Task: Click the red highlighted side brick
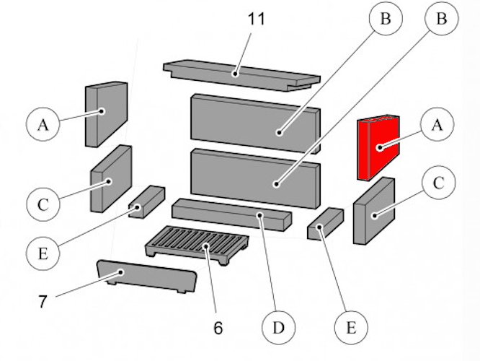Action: click(376, 147)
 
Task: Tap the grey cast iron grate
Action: click(196, 243)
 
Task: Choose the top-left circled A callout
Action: click(43, 125)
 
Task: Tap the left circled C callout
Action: click(43, 204)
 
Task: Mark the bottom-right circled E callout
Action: click(351, 328)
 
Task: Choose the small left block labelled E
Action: click(146, 200)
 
